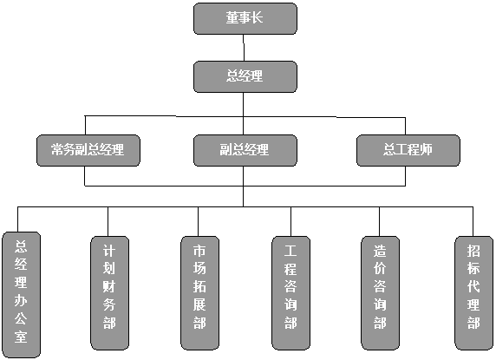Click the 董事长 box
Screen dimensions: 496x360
(x=245, y=19)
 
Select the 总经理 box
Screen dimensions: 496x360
(x=245, y=77)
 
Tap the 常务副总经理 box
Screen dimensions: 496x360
(x=88, y=150)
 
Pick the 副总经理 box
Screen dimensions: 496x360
(x=245, y=150)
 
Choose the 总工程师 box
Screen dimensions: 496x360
(x=408, y=150)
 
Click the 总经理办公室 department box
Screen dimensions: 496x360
(x=21, y=295)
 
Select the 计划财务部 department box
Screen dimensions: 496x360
(x=110, y=293)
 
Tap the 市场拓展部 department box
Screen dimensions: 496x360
(x=200, y=293)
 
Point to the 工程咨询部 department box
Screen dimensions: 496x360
(x=290, y=293)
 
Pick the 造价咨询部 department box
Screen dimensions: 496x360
(x=380, y=293)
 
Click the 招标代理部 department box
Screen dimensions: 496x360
(x=473, y=293)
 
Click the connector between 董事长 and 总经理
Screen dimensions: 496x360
(x=244, y=48)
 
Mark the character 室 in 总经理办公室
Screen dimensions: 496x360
(x=21, y=336)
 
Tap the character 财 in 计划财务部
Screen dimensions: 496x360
(x=109, y=287)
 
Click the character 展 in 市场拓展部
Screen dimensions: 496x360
(x=199, y=304)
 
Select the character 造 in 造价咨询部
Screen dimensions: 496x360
(x=380, y=252)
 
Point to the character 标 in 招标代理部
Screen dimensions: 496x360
(x=473, y=269)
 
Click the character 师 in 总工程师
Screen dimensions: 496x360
(x=426, y=149)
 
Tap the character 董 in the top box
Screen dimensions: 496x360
(x=232, y=17)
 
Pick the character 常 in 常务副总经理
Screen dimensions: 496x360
(x=57, y=149)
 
